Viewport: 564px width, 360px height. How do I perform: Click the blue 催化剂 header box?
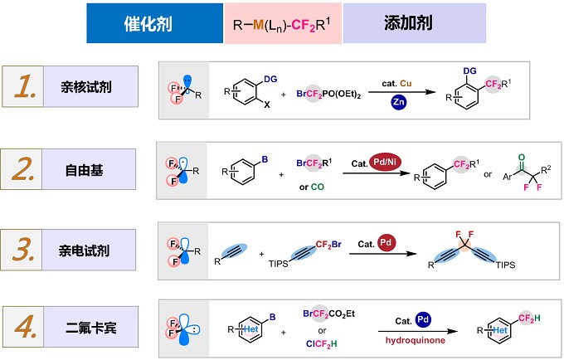(154, 23)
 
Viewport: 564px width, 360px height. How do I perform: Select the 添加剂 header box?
(415, 23)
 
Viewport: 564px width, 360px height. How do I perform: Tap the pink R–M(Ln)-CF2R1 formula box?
(283, 23)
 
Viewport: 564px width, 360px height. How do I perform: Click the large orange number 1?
(25, 86)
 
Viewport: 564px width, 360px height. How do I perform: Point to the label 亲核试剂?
(86, 87)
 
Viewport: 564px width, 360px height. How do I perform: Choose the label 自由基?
(84, 170)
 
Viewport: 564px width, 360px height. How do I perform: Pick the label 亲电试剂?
(84, 251)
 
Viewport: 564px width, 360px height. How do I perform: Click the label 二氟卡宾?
(91, 328)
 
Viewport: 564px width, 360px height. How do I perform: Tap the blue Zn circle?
(399, 102)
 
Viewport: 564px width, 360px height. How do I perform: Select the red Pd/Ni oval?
(385, 163)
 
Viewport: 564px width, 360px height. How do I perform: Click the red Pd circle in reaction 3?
(386, 243)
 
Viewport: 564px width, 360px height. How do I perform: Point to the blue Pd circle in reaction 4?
(423, 319)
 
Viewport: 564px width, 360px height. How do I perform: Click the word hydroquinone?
(415, 340)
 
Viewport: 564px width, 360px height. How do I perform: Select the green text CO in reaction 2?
(317, 187)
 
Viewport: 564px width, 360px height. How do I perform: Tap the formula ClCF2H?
(322, 344)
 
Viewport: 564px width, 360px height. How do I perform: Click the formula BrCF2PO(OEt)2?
(328, 95)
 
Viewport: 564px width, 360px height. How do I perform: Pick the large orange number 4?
(25, 327)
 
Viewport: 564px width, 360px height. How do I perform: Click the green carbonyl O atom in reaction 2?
(522, 158)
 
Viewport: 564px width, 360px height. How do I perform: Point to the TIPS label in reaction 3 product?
(505, 265)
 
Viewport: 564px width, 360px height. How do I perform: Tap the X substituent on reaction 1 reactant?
(266, 105)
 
